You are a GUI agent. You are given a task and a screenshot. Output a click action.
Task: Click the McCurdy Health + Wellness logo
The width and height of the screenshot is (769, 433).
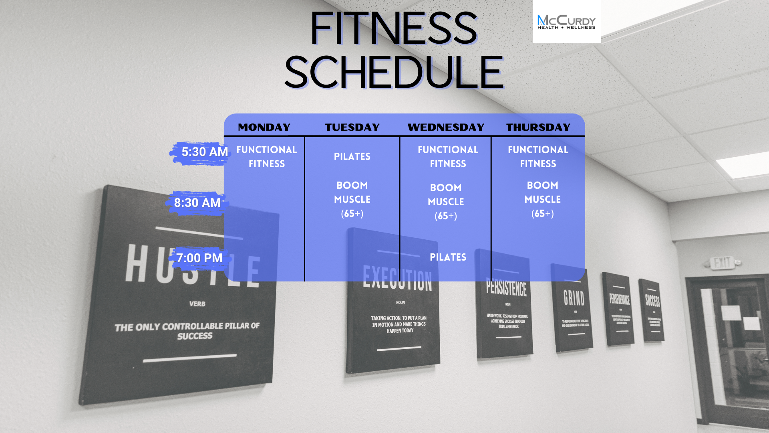566,22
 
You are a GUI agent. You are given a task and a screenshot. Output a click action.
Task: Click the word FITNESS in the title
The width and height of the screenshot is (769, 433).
394,28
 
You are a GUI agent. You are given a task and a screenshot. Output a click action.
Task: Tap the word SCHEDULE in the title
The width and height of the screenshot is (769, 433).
394,72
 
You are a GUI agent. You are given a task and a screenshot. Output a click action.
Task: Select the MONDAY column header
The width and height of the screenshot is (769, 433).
264,127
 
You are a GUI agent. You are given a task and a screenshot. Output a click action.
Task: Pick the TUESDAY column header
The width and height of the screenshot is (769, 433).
352,127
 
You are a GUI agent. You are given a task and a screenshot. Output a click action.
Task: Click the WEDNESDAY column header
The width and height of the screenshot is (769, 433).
446,127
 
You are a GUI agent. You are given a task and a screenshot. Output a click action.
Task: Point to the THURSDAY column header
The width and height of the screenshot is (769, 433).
538,127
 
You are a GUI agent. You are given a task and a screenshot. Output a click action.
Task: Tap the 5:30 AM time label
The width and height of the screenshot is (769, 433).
204,152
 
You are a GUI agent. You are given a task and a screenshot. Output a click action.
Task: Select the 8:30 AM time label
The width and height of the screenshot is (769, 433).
197,203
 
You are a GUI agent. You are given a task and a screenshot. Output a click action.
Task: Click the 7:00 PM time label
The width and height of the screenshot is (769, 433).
199,258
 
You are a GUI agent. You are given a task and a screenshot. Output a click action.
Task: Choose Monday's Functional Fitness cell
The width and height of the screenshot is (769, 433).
266,156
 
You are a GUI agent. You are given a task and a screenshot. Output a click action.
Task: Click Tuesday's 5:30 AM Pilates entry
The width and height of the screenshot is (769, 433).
352,156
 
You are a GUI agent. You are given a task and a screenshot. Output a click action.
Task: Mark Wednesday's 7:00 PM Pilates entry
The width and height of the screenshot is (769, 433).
448,257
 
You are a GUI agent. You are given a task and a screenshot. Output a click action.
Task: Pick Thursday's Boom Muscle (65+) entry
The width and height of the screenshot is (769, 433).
542,199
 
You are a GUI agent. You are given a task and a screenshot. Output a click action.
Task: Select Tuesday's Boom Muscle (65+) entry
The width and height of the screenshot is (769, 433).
352,199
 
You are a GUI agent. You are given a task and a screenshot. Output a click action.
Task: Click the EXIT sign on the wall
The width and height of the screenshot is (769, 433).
723,263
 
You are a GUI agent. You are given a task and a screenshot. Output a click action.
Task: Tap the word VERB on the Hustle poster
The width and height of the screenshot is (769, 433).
197,304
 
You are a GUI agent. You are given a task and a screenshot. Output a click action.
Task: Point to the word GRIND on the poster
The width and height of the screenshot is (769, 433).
574,298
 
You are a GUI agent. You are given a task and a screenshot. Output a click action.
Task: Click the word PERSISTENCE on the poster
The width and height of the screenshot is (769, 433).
506,288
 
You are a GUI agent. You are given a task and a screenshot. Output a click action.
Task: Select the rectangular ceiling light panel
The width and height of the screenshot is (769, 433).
743,164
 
